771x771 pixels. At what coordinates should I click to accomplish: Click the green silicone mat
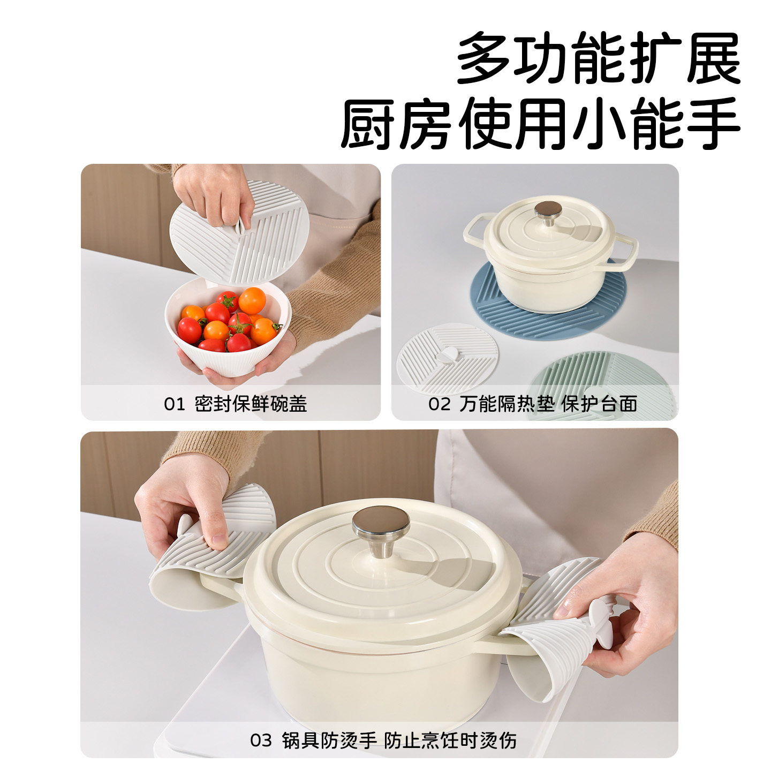pyautogui.click(x=604, y=384)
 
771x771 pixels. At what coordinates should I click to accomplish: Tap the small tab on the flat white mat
pyautogui.click(x=447, y=356)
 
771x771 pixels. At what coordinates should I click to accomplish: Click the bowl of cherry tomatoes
pyautogui.click(x=229, y=326)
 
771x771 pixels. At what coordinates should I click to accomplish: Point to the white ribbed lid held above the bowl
pyautogui.click(x=239, y=232)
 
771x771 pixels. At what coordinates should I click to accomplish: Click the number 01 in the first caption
pyautogui.click(x=174, y=404)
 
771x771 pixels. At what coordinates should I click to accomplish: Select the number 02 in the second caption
pyautogui.click(x=439, y=404)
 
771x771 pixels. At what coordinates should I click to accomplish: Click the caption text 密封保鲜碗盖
pyautogui.click(x=251, y=404)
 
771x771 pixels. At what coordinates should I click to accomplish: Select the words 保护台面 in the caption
pyautogui.click(x=599, y=404)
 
